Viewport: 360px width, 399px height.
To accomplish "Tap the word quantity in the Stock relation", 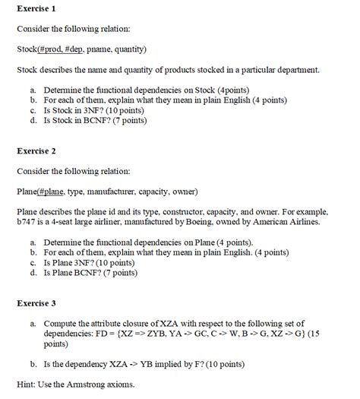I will coord(128,49).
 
